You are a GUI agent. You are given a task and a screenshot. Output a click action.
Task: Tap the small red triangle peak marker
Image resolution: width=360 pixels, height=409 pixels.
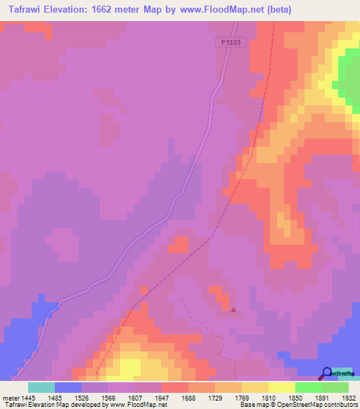click(x=233, y=309)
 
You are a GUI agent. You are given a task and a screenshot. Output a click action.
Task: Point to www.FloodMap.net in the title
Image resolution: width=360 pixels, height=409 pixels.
click(x=224, y=10)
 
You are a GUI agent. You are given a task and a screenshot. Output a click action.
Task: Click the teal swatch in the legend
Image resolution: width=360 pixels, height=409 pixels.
click(x=41, y=387)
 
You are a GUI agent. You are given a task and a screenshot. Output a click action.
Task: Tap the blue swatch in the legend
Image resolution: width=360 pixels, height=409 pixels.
click(x=68, y=387)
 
